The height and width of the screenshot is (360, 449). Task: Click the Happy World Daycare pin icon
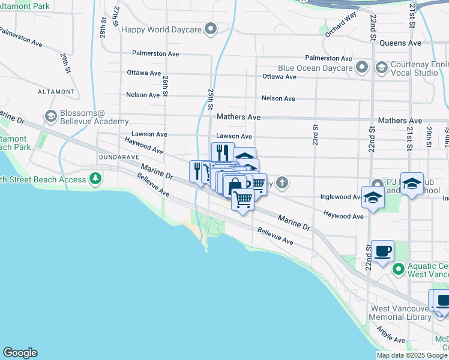coord(211,29)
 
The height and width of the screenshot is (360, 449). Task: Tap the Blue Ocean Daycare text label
coord(315,68)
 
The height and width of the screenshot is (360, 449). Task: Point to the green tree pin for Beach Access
coord(95,178)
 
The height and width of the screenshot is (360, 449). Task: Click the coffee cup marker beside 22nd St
coord(382,251)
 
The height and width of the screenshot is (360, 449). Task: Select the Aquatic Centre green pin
coord(397,269)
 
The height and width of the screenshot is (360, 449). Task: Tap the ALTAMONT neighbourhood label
coord(56,92)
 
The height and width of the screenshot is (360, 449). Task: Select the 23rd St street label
coord(314,129)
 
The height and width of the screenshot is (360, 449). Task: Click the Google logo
coord(20,353)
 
